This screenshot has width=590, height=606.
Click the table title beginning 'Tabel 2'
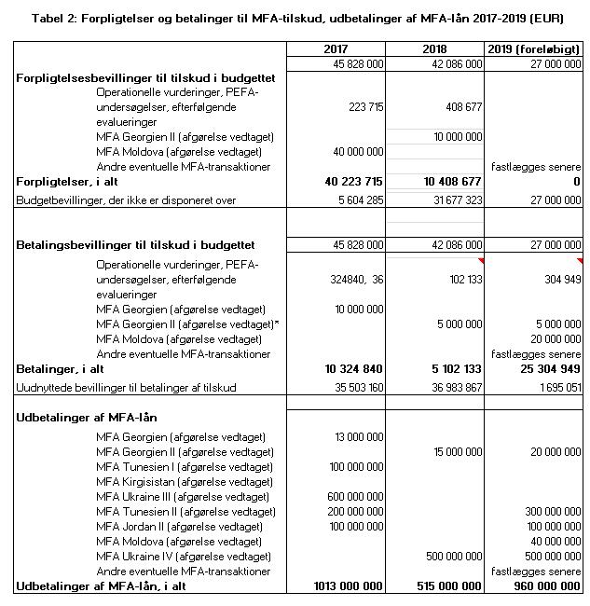(x=294, y=18)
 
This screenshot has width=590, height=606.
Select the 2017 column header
(x=336, y=48)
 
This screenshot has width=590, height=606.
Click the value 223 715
(x=359, y=107)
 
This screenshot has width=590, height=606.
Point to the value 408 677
(x=459, y=107)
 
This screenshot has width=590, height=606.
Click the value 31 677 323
(x=451, y=200)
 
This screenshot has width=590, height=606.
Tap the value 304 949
(x=557, y=279)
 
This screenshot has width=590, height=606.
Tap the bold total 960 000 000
(x=545, y=585)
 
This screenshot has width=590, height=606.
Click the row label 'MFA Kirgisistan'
(x=185, y=481)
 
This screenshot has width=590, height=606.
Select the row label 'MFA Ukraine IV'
(x=185, y=556)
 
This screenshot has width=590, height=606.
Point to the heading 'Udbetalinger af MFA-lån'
(x=87, y=418)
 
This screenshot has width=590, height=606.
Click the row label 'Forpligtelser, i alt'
(x=67, y=182)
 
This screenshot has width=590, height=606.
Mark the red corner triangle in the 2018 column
(x=479, y=260)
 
